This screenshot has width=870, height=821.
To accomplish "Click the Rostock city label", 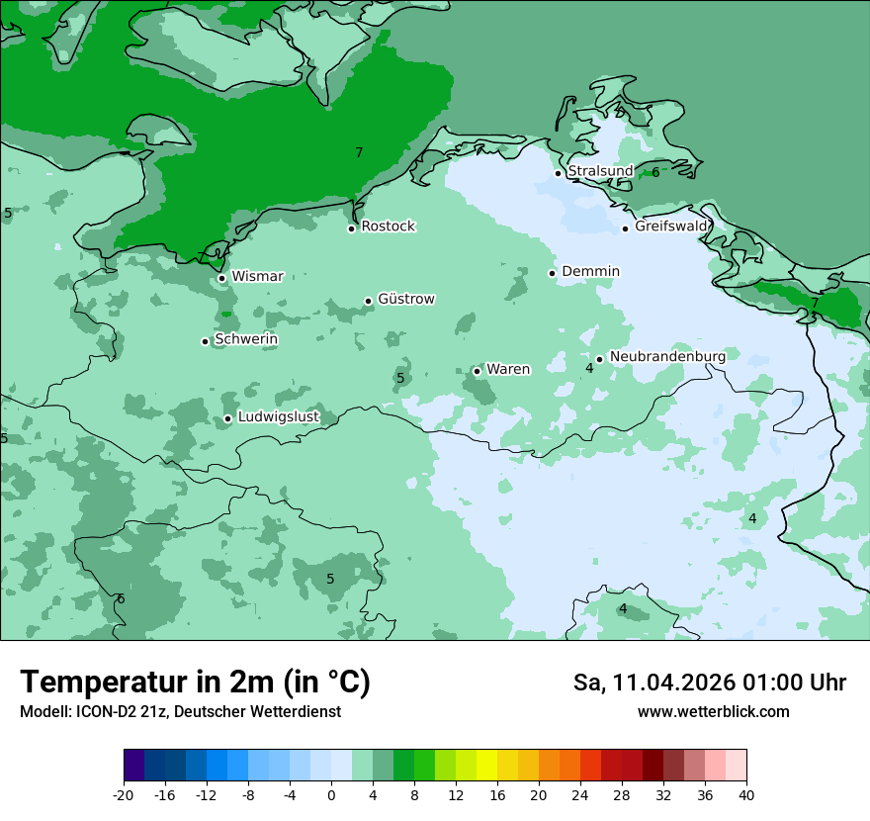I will point(388,227).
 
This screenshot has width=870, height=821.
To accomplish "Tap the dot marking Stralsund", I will point(558,173).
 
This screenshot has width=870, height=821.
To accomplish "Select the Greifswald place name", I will point(671,227).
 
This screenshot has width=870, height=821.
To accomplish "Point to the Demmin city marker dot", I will point(553,273).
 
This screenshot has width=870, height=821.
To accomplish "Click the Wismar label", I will point(257,277).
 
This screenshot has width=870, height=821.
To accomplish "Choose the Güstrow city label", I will point(406,299).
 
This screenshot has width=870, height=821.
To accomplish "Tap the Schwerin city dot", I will point(206,341).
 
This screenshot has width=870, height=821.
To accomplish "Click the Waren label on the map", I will point(508,369).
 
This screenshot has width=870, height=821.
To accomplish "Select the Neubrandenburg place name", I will point(667,356).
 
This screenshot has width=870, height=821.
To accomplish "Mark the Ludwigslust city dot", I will point(227,418).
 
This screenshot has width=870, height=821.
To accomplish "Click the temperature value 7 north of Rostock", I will point(359,152).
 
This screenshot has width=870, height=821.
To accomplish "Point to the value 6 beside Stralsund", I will point(655,172).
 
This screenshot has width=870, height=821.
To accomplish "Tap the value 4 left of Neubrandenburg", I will point(589,368).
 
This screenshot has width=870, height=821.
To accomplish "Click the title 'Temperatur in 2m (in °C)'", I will point(195,683).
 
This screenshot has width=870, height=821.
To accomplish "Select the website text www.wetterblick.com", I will point(713,712).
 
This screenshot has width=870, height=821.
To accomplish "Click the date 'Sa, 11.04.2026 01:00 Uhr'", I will point(709,683).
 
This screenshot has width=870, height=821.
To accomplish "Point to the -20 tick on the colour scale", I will point(124,794).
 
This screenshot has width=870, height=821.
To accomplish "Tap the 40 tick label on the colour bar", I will point(745,794).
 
